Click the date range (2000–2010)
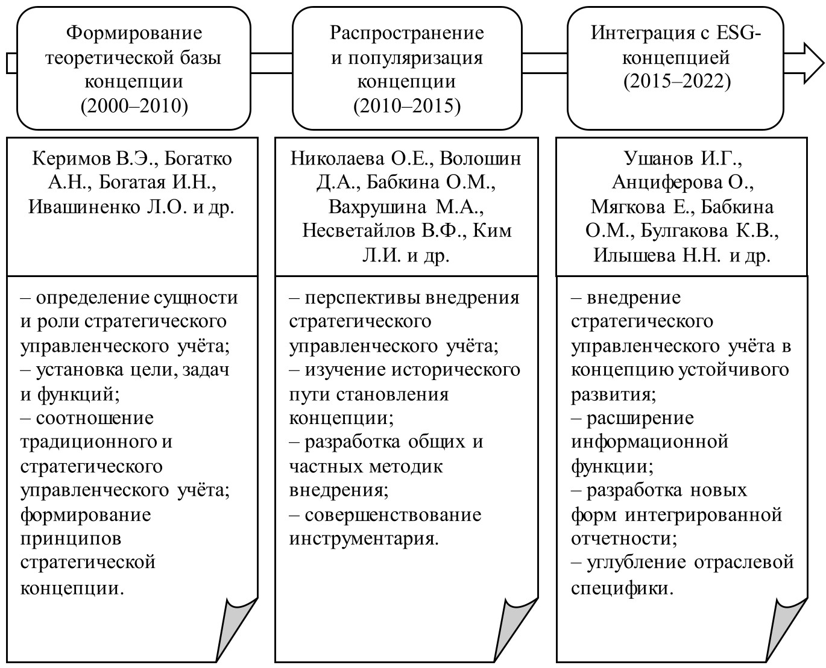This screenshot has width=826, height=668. click(134, 107)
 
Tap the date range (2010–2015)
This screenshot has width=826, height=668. click(407, 107)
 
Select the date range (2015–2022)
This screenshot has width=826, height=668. click(677, 81)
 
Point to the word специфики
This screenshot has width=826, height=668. click(622, 587)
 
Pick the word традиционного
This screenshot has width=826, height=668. click(88, 442)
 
